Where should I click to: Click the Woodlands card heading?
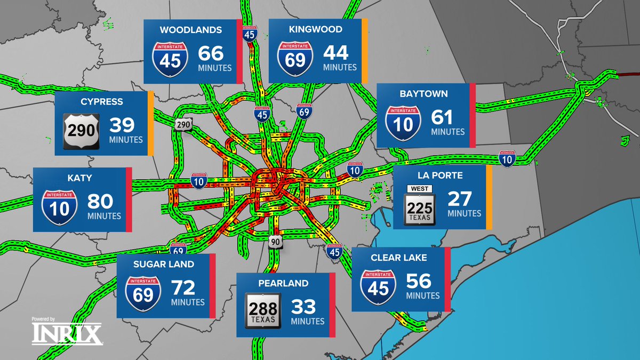(190, 30)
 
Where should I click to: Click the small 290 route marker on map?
(183, 124)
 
